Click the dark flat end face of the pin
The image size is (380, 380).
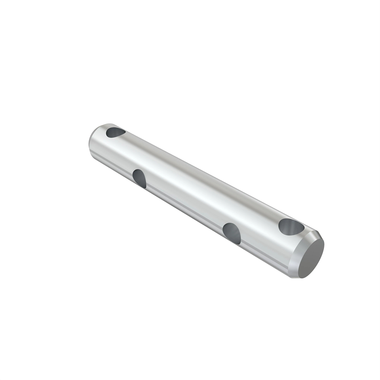click(311, 258)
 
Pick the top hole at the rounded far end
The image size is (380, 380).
click(115, 132)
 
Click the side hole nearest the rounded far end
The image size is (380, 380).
click(140, 178)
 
